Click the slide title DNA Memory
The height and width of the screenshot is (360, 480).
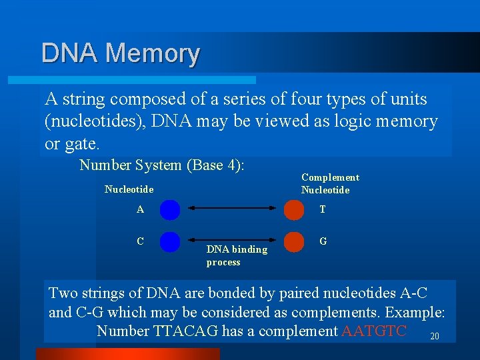(120, 53)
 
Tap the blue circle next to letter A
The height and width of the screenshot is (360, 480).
(170, 210)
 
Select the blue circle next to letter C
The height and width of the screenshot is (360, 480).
(170, 241)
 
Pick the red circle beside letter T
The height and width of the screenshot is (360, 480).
(294, 210)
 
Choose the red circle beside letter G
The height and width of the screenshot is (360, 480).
(294, 241)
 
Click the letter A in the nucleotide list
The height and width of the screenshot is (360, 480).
(140, 209)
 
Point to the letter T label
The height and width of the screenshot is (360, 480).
(323, 209)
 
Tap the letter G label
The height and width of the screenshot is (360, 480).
(323, 241)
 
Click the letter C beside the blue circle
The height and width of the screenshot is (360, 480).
(140, 241)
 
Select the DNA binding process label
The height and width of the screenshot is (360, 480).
(236, 255)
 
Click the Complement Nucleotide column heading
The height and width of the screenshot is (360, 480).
(329, 183)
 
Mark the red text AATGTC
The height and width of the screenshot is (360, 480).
(373, 331)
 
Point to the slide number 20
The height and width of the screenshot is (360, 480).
(435, 336)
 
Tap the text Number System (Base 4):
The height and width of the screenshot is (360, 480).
(162, 165)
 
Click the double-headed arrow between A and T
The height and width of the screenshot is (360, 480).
(232, 209)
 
